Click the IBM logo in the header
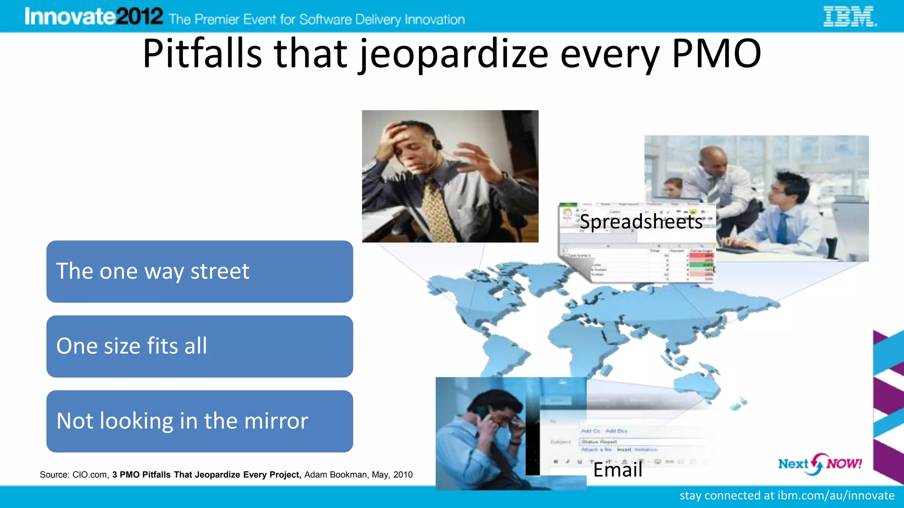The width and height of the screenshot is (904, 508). point(850,17)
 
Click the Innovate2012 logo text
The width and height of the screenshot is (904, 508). point(94,17)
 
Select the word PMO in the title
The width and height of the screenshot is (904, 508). point(716,54)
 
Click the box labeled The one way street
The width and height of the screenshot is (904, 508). point(200,271)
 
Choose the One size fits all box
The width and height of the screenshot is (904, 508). point(200,346)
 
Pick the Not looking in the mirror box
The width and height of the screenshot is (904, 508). point(200,421)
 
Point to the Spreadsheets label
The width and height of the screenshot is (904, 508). point(641,221)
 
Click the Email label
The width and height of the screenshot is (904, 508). point(618,470)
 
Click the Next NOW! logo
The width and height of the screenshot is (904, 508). point(820,464)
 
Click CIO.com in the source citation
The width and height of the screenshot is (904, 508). point(90,475)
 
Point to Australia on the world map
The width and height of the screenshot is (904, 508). point(697,384)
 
